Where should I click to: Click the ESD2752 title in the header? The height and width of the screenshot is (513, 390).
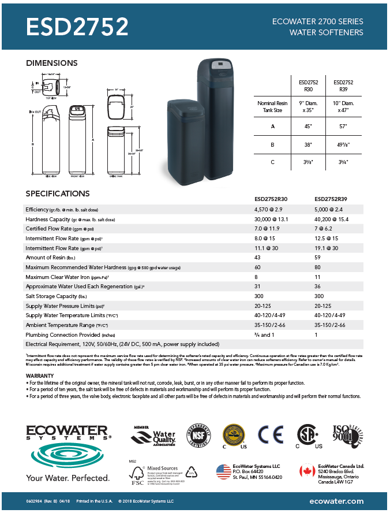point(77,27)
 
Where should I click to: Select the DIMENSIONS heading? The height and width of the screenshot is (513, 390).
point(52,63)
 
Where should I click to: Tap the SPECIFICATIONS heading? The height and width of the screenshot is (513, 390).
point(58,194)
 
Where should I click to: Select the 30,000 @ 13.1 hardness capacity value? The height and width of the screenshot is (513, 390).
point(271,220)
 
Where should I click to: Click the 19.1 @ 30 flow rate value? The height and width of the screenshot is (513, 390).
point(328,247)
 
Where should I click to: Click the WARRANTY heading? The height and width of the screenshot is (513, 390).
point(40,376)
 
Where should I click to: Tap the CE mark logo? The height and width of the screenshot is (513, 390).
point(270,434)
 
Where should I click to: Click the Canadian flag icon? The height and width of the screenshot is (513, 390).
point(307,471)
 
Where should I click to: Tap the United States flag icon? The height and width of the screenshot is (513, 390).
point(223,471)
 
